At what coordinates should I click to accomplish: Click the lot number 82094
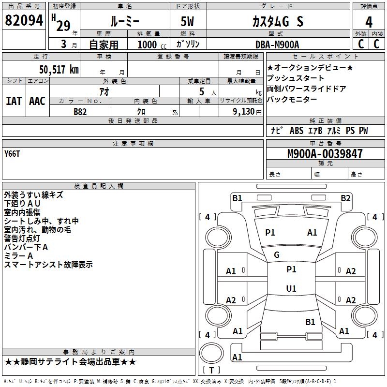coord(24,20)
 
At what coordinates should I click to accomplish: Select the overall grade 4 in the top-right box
coord(369,22)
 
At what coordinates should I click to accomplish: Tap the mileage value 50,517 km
coord(59,69)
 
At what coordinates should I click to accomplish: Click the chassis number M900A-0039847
coord(325,154)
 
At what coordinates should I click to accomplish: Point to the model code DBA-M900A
coord(277,45)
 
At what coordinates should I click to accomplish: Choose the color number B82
coord(80,112)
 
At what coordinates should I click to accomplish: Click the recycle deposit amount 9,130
coord(244,111)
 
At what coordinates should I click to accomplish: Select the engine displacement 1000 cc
coord(152,45)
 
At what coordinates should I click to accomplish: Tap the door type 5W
coord(187,21)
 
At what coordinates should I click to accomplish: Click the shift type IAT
coord(14,101)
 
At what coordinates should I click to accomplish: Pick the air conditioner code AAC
coord(37,101)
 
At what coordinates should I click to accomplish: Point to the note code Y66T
coord(12,154)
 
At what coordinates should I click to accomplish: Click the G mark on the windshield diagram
coord(277,255)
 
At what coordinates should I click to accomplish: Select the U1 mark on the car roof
coord(291,288)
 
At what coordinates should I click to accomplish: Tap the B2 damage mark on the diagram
coord(345,198)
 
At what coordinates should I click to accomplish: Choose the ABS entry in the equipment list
coord(297,131)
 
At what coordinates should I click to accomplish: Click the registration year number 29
coord(63,26)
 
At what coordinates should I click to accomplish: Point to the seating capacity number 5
coord(202,91)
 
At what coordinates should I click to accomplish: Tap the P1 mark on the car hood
coord(270,232)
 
